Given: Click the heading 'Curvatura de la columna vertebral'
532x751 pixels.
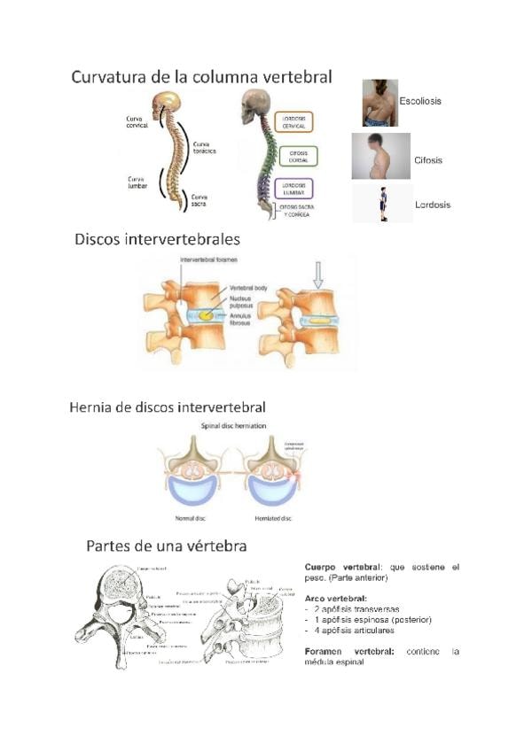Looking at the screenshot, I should coord(202,77).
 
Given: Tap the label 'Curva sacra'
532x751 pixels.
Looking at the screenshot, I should coord(200,199).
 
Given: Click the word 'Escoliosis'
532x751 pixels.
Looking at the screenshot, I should coord(421,101).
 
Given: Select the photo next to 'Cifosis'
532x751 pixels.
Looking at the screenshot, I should coord(380,157).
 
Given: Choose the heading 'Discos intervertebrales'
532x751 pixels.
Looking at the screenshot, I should coord(158,239).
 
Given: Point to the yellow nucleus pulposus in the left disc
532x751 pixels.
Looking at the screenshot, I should coord(205,314).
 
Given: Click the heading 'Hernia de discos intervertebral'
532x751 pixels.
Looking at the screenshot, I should coord(168,407).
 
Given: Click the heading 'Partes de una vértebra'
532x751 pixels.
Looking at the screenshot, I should coord(167,546).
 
